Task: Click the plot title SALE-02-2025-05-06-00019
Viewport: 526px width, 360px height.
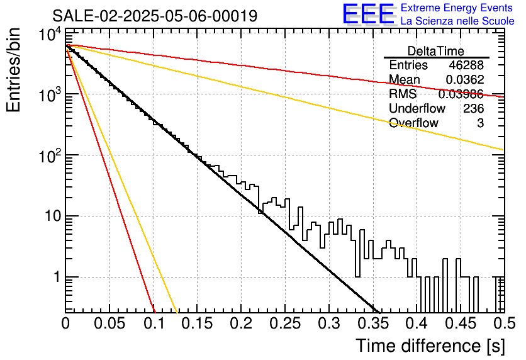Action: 155,16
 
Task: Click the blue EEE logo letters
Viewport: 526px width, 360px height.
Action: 368,14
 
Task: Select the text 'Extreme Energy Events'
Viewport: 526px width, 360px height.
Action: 457,8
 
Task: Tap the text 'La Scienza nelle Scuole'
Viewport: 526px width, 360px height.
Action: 457,21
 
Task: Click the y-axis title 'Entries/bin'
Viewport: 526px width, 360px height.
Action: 13,70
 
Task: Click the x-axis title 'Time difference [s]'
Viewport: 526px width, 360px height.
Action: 430,346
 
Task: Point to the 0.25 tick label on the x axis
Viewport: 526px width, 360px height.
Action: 285,323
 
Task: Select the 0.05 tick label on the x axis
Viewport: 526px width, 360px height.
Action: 109,323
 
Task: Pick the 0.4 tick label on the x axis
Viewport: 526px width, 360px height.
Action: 417,323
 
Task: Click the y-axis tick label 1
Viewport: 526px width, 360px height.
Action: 57,277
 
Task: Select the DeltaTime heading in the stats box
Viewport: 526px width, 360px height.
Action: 436,51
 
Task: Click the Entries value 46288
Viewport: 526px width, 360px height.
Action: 466,65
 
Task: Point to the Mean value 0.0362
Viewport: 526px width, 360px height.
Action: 465,79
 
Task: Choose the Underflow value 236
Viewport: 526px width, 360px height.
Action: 474,108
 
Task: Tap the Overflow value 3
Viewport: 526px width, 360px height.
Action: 481,123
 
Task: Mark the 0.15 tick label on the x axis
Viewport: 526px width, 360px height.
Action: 198,323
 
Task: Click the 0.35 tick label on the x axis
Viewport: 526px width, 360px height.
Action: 373,323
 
